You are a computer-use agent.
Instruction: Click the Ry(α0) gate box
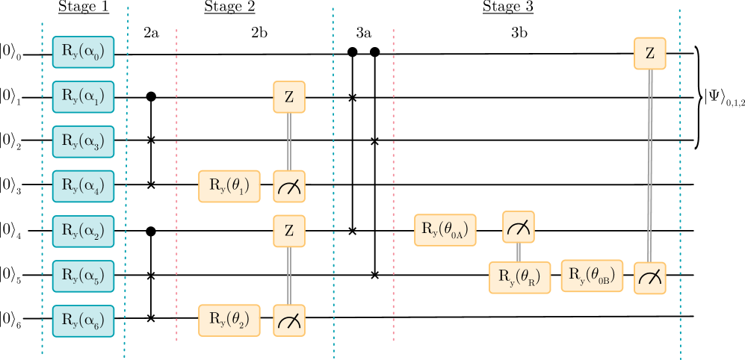coord(83,52)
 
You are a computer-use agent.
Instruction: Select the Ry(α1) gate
coord(83,97)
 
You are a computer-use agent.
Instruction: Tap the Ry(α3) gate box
coord(83,142)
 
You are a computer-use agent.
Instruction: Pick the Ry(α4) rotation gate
coord(83,186)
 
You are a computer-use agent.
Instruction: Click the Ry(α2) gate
coord(83,231)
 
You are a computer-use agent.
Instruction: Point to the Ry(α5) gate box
coord(83,276)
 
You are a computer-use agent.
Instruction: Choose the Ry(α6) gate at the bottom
coord(83,320)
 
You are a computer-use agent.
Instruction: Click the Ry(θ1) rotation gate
coord(229,186)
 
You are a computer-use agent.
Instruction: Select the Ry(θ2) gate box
coord(229,320)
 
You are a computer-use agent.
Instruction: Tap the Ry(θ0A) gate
coord(445,230)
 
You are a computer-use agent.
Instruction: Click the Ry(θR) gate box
coord(519,277)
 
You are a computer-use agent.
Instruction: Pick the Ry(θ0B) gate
coord(592,276)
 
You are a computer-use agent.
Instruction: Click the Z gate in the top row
coord(649,53)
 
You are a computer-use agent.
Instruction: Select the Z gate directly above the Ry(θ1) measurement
coord(289,97)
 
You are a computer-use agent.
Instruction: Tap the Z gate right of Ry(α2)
coord(289,231)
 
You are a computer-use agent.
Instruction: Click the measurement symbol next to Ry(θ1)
coord(289,187)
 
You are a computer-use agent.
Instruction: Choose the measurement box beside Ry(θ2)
coord(289,320)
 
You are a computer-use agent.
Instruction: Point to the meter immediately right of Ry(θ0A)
coord(518,227)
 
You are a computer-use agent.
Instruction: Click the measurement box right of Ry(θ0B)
coord(649,277)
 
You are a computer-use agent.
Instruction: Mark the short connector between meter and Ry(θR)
coord(518,252)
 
